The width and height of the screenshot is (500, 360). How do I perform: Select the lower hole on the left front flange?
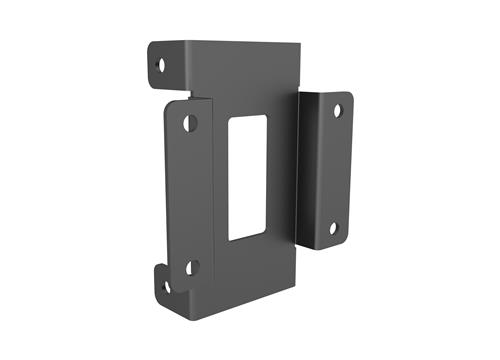click(x=192, y=267)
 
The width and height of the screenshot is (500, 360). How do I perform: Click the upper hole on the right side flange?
click(x=337, y=110)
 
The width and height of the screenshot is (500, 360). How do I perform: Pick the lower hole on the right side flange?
click(x=333, y=228)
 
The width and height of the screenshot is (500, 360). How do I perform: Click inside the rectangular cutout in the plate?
click(x=247, y=177)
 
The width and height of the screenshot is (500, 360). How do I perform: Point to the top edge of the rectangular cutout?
click(x=248, y=115)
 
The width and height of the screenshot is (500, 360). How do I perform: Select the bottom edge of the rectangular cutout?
click(x=248, y=238)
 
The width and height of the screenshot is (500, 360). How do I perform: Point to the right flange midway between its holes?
click(x=335, y=169)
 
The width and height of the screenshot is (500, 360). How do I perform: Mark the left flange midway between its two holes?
click(x=191, y=195)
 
